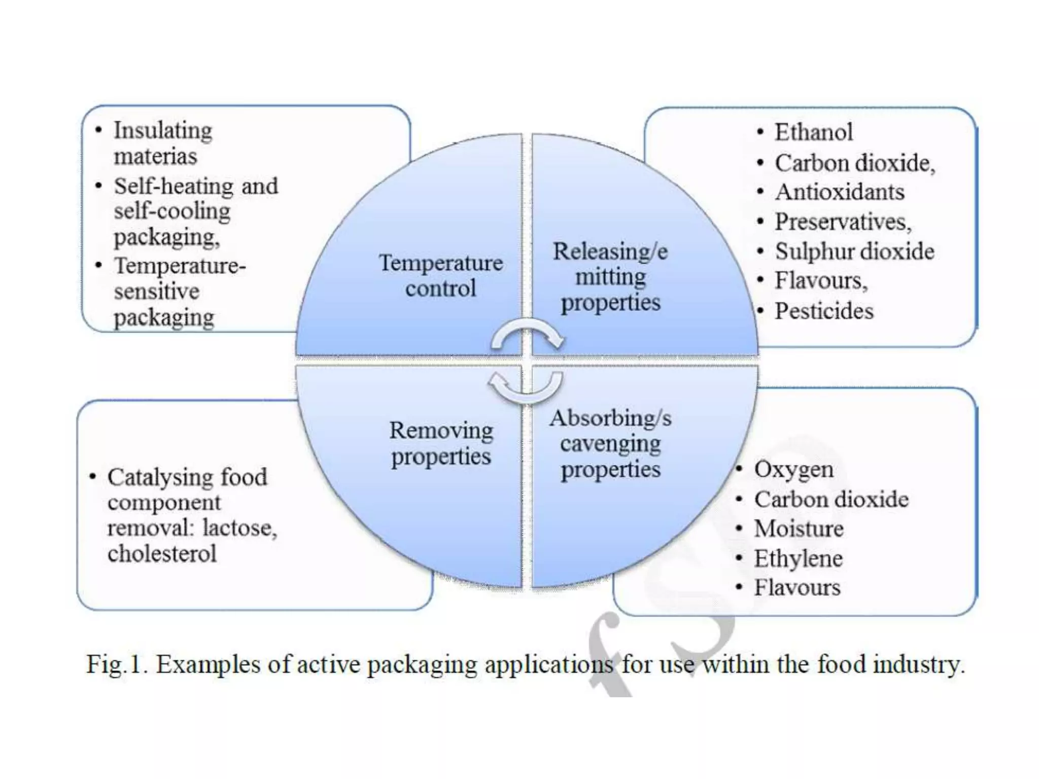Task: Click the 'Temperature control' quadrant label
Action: [440, 275]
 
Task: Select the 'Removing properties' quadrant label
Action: [441, 443]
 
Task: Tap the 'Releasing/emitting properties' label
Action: [610, 277]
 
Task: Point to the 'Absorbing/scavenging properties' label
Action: [610, 444]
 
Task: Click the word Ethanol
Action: [813, 132]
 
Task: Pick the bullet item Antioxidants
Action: [840, 192]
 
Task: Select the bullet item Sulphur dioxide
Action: [854, 252]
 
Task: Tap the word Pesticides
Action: [824, 311]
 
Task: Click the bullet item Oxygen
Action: [793, 470]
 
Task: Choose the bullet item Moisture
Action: [799, 528]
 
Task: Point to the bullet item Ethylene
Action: [798, 558]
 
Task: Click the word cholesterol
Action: [162, 553]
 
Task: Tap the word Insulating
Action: [163, 131]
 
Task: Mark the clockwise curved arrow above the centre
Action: [527, 335]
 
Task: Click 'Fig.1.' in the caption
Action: [116, 664]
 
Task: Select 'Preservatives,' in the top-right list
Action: [843, 222]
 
